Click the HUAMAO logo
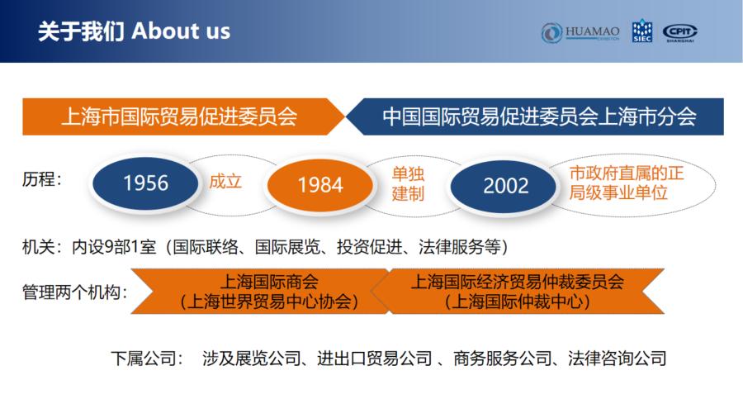[x=580, y=33]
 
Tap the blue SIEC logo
[x=642, y=31]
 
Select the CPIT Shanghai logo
[x=680, y=33]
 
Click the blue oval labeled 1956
[x=145, y=183]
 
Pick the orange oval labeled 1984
[x=320, y=185]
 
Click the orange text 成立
[x=225, y=182]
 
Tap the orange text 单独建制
[x=408, y=184]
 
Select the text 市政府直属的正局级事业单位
[x=627, y=183]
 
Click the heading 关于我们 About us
[x=134, y=31]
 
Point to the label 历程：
[x=42, y=179]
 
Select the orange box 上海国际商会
[x=260, y=292]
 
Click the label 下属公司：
[x=148, y=359]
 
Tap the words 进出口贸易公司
[x=374, y=359]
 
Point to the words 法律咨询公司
[x=617, y=359]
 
